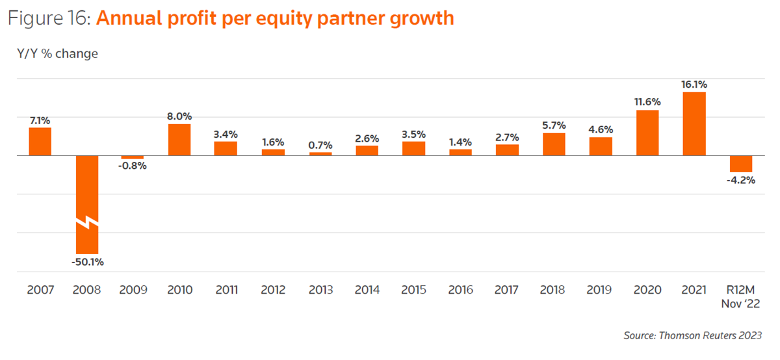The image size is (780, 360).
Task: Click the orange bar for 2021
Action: coord(694,123)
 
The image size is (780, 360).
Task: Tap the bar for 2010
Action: coord(179,140)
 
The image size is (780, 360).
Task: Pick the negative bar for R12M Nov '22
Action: coord(741,164)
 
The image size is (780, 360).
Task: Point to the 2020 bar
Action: coord(647,133)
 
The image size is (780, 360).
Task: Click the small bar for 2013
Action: coord(320,154)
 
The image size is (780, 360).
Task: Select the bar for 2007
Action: coord(40,142)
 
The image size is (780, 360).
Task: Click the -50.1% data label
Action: coord(87,263)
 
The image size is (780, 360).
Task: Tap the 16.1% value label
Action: coord(694,84)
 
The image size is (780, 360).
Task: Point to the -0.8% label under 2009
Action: coord(133,166)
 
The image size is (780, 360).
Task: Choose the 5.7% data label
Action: coord(554,125)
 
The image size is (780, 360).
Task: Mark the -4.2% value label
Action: coord(741,180)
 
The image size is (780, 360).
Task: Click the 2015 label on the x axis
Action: coord(413,290)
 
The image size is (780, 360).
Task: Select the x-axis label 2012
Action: coord(273,290)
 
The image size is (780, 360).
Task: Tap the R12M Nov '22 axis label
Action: coord(741,296)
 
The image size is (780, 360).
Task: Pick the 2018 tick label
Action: coord(554,290)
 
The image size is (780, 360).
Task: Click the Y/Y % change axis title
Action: coord(58,54)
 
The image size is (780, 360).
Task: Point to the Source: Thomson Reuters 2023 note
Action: coord(692,335)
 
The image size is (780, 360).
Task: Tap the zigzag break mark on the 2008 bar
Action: coord(87,223)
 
